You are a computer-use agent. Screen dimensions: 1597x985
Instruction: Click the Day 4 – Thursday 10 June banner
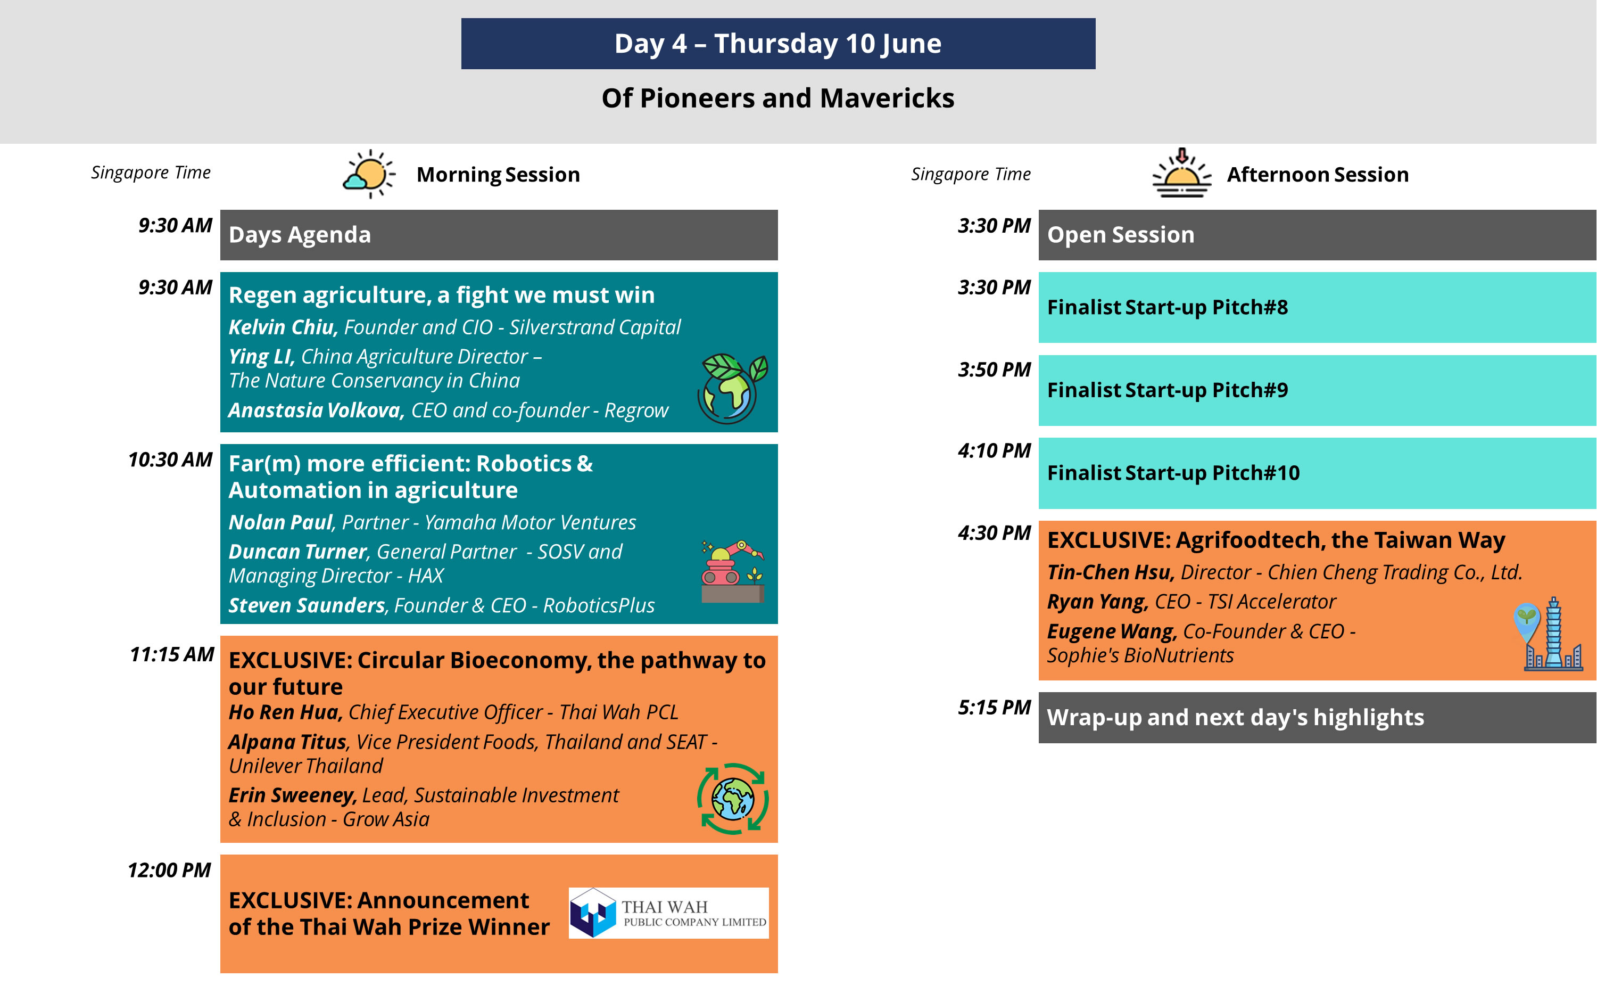point(778,44)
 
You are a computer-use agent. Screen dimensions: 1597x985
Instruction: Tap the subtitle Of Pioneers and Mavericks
point(778,98)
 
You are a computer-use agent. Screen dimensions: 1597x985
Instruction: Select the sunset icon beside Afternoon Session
point(1181,173)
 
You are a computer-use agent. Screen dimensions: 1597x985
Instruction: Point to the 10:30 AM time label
point(171,460)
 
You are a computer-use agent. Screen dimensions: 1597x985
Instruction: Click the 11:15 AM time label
point(172,654)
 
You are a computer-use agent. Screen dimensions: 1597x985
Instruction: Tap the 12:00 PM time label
point(169,871)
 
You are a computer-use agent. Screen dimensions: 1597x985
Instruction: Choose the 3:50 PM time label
point(994,370)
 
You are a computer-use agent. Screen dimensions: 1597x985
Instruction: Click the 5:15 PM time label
point(994,708)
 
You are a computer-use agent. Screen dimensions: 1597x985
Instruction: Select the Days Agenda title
point(300,234)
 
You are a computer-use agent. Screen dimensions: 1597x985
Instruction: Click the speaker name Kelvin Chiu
point(283,327)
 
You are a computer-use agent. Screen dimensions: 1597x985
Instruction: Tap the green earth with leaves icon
point(732,389)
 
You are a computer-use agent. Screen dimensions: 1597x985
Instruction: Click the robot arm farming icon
point(732,571)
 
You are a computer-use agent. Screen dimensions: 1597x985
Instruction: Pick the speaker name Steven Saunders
point(307,606)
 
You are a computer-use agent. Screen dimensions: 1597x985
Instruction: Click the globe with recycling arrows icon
point(732,799)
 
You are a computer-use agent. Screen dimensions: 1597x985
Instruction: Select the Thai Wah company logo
point(668,913)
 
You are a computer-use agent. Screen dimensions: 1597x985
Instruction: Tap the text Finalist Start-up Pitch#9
point(1168,390)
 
